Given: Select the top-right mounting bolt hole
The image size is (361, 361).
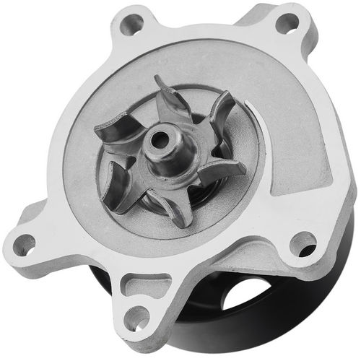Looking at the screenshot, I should coord(287,23).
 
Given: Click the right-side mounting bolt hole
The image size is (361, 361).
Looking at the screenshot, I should coord(302,243).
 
